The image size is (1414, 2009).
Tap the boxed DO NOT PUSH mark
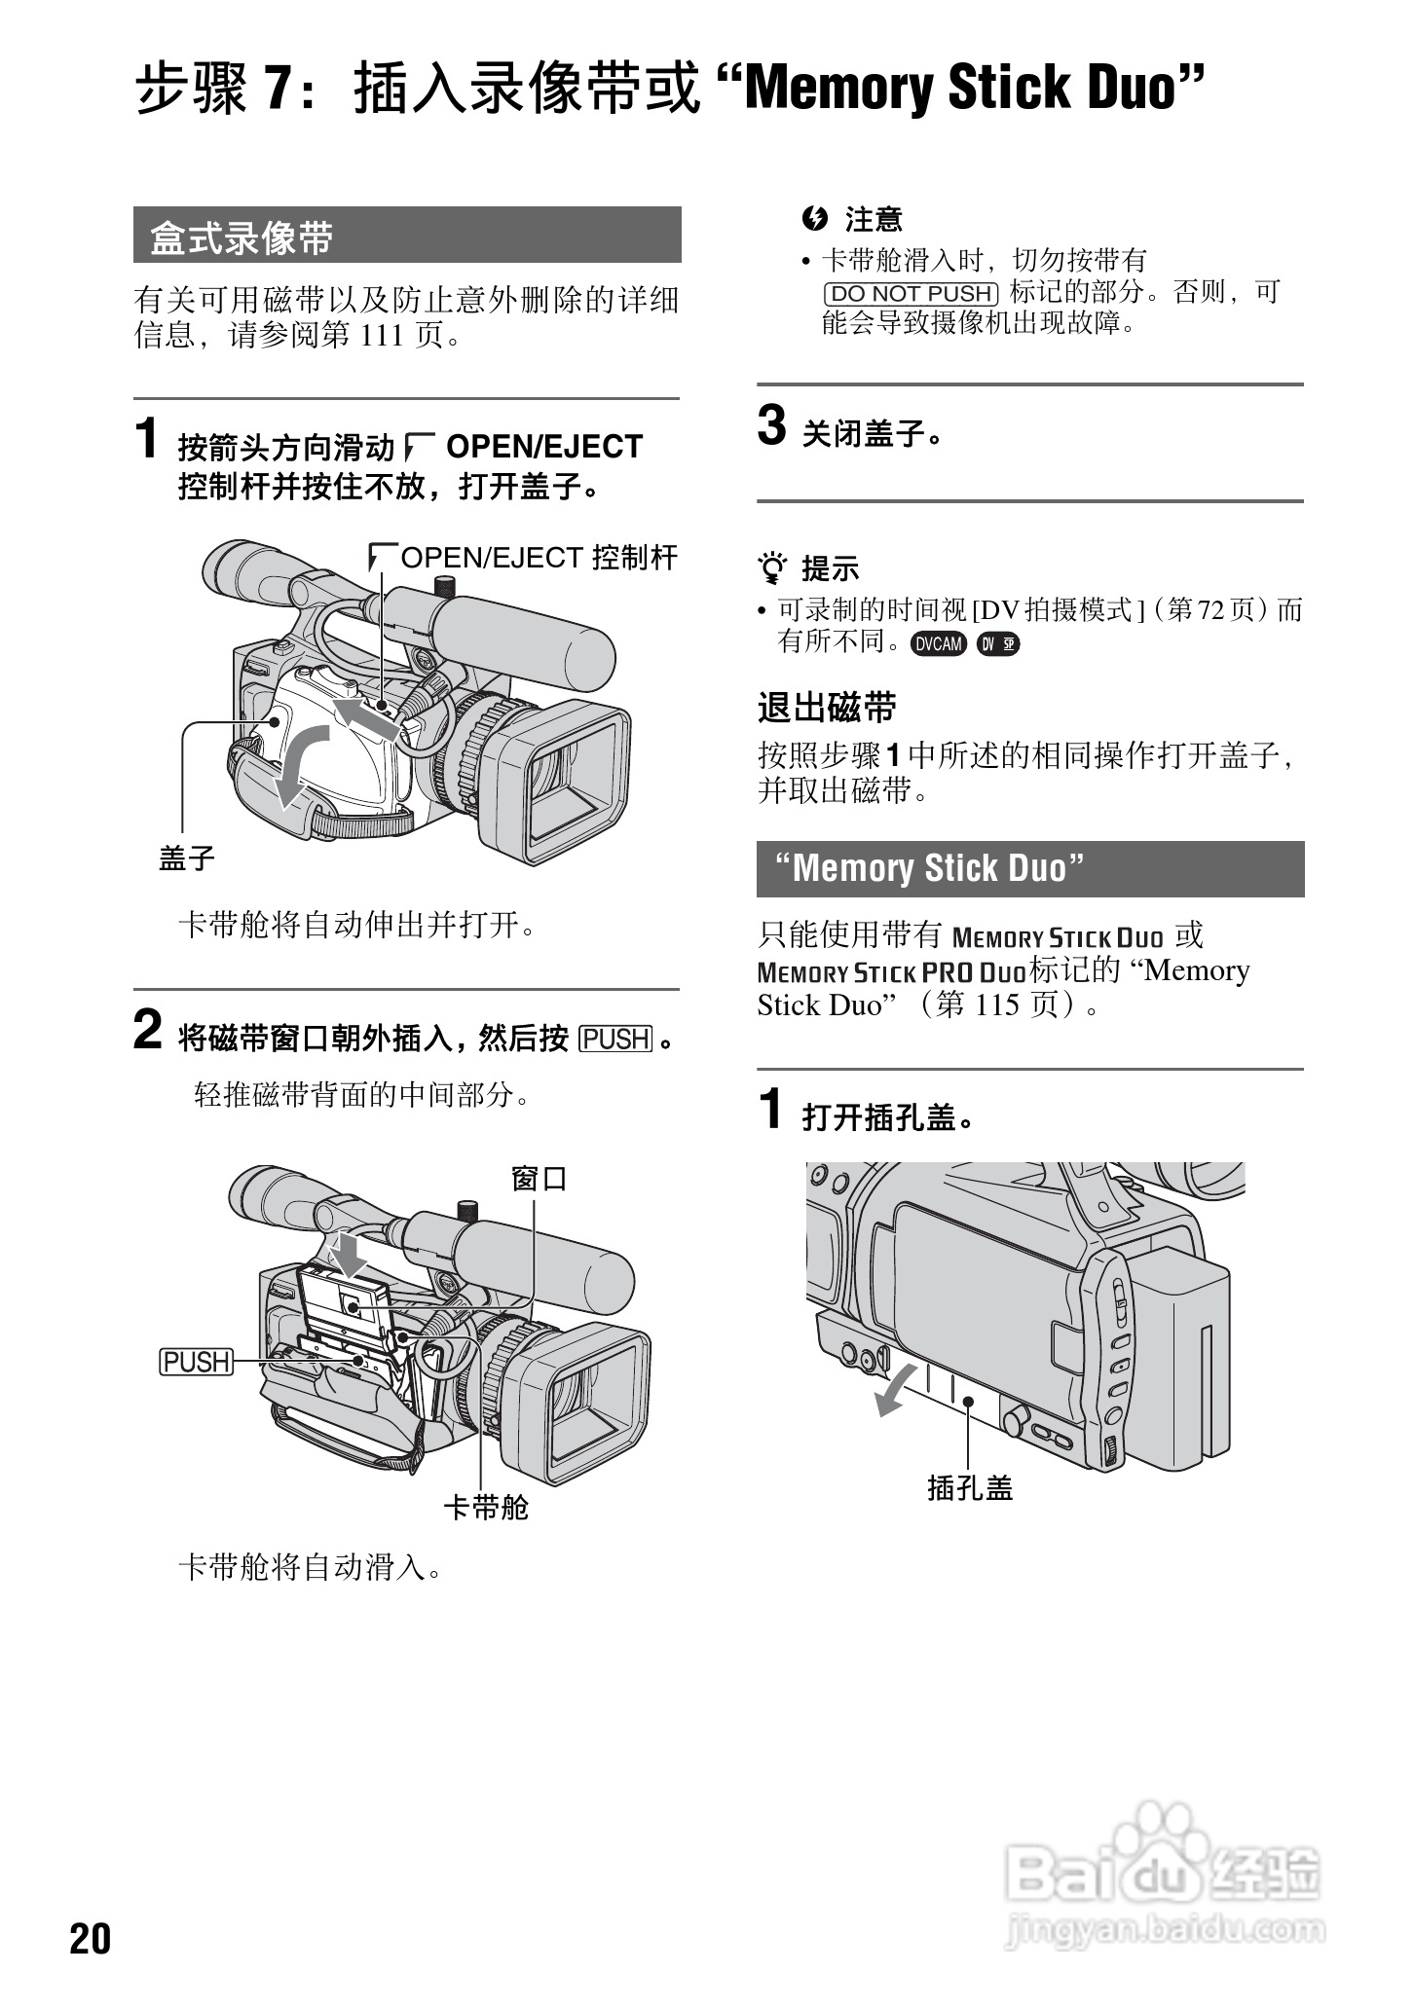(912, 293)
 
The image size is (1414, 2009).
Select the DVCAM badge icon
(938, 643)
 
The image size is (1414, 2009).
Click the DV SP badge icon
(997, 643)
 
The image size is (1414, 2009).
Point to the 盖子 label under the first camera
(187, 858)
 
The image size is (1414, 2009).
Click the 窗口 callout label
(539, 1179)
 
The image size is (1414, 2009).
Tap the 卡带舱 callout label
(486, 1508)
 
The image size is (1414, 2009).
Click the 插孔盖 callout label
(970, 1488)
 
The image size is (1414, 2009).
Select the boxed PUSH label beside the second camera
(197, 1362)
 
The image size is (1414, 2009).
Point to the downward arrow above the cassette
(348, 1252)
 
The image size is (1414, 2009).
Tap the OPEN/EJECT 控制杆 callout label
(539, 558)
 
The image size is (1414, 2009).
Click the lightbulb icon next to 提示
(774, 566)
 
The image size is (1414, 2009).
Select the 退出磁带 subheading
(827, 708)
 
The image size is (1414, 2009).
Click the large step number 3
(771, 426)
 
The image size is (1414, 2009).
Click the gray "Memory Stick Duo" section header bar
(1029, 868)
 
